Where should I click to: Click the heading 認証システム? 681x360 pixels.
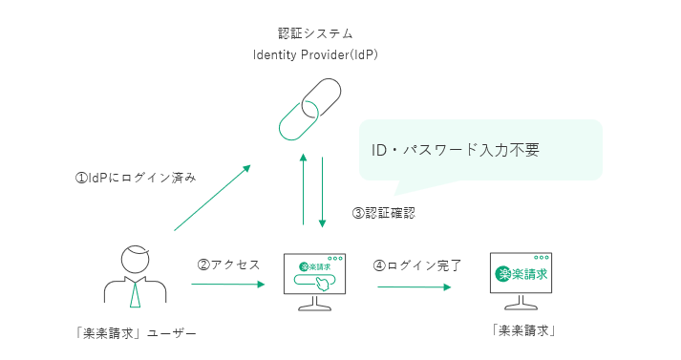[x=315, y=33]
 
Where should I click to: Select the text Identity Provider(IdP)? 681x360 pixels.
[x=315, y=55]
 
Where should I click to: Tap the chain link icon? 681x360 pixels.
[x=309, y=110]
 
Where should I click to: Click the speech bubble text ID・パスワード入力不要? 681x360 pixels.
[x=456, y=150]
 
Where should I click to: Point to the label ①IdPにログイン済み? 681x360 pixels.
[x=136, y=178]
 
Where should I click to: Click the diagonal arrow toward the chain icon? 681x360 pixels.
[x=212, y=198]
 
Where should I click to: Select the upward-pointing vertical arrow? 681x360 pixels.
[x=303, y=189]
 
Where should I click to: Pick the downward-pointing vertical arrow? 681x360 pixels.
[x=322, y=192]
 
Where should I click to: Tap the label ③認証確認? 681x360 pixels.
[x=384, y=213]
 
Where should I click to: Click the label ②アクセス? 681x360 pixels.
[x=228, y=265]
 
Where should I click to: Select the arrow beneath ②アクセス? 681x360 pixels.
[x=228, y=285]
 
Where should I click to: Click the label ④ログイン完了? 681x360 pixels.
[x=417, y=265]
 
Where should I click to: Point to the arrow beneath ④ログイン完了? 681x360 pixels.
[x=415, y=287]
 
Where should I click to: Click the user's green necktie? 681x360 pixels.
[x=136, y=294]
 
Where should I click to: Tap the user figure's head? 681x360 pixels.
[x=136, y=260]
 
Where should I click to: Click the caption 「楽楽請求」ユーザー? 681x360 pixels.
[x=136, y=333]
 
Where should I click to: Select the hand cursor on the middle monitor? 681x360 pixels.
[x=322, y=284]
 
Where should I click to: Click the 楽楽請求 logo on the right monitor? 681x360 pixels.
[x=521, y=274]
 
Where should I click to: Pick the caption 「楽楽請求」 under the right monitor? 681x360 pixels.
[x=523, y=331]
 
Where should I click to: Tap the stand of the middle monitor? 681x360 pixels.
[x=315, y=304]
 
